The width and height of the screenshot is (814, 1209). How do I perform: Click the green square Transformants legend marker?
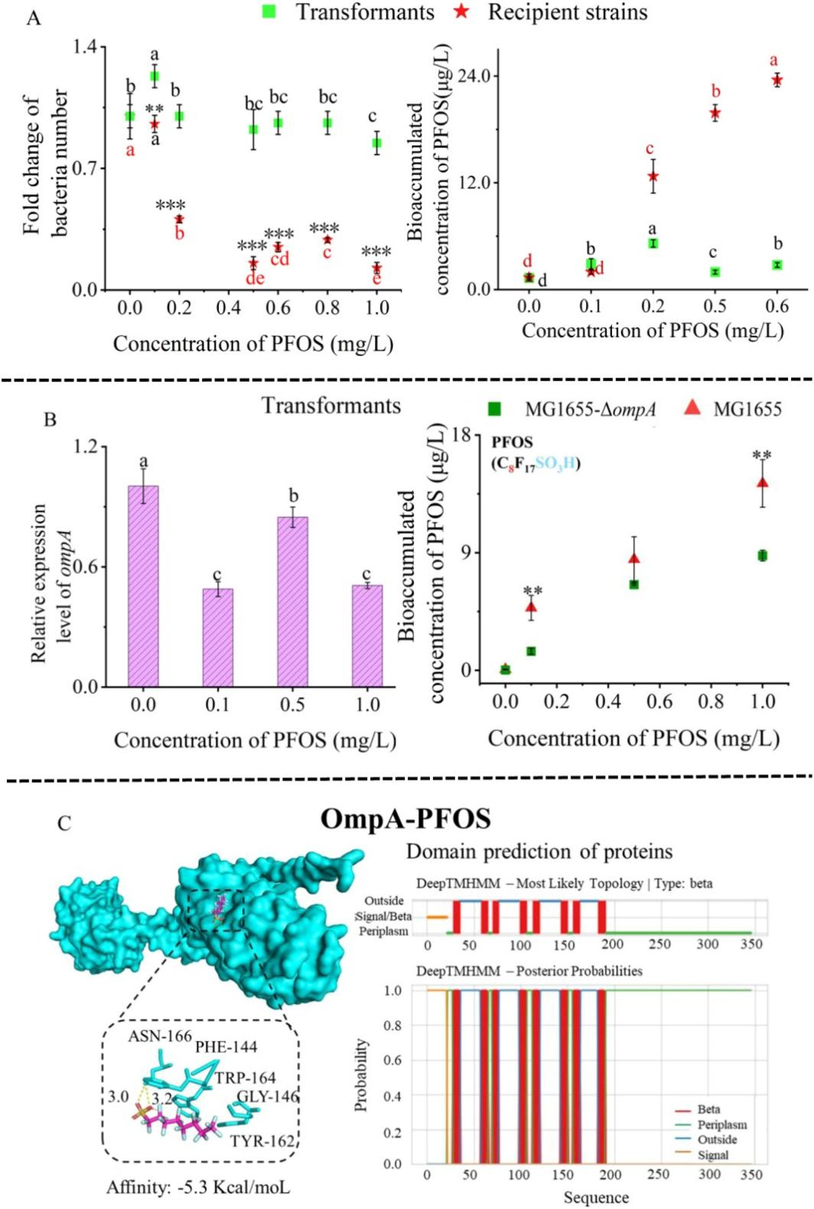268,12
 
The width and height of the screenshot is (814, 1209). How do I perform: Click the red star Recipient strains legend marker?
461,12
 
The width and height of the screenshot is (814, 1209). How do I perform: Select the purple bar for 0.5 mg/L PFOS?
292,601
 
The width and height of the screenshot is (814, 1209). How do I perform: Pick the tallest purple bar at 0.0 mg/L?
143,586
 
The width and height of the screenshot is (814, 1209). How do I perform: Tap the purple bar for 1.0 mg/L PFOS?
367,636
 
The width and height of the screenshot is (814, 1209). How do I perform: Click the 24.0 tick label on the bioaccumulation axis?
474,77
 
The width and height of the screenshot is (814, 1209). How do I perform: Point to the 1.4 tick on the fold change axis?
90,47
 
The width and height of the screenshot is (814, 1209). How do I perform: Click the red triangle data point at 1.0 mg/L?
762,482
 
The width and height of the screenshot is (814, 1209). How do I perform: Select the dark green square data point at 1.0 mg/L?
762,556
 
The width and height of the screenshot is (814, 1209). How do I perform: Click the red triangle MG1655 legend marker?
692,408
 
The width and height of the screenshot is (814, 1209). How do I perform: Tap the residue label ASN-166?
159,1036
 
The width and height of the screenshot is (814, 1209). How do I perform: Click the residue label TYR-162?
262,1141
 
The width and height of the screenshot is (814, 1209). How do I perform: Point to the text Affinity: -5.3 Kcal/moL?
198,1187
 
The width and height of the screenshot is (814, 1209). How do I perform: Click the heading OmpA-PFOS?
405,819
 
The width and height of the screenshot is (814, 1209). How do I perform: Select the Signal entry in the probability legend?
712,1155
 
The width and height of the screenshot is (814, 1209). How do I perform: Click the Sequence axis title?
596,1197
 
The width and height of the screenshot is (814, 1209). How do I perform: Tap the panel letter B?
50,419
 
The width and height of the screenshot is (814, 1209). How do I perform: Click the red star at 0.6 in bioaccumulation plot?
777,80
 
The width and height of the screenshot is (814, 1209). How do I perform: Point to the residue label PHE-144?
226,1047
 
